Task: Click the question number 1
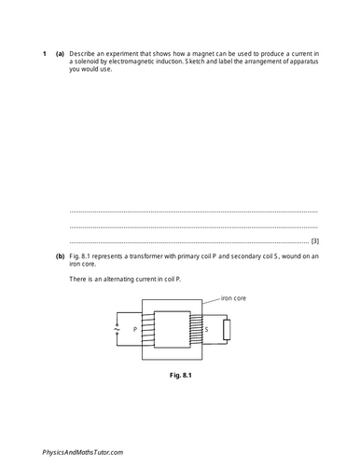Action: pos(44,53)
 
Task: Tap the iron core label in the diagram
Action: pos(233,299)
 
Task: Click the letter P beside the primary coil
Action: pos(136,329)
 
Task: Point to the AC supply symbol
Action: pos(117,329)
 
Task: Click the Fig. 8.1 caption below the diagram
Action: pos(177,377)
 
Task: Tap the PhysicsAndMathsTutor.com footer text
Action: pos(83,451)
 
